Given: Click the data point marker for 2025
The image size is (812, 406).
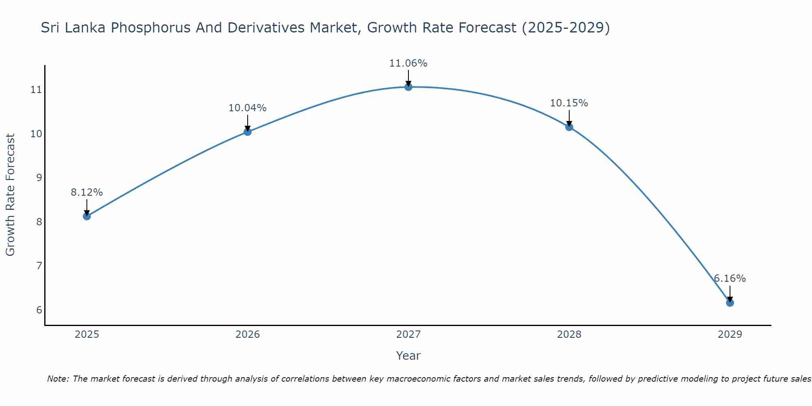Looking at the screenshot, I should click(x=87, y=216).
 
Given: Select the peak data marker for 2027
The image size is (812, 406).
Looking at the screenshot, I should click(x=408, y=87).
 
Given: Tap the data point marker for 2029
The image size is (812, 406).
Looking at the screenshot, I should click(x=730, y=303).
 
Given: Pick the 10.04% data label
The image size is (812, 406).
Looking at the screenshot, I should click(x=247, y=108).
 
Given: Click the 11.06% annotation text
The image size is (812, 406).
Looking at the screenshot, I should click(x=408, y=63).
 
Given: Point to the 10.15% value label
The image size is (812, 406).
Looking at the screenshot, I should click(x=569, y=103).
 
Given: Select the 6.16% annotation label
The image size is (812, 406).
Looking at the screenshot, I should click(x=730, y=279).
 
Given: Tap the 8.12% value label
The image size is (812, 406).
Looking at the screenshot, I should click(x=87, y=192).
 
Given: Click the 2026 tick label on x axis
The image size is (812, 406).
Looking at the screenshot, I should click(x=248, y=335).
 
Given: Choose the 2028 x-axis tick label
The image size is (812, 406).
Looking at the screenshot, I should click(x=569, y=335).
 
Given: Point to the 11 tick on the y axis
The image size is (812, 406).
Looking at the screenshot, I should click(x=37, y=90).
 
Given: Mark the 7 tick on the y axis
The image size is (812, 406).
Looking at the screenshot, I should click(x=39, y=266).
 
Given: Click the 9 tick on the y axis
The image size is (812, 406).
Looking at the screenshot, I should click(x=39, y=178).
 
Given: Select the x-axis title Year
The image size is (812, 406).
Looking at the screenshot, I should click(x=408, y=356).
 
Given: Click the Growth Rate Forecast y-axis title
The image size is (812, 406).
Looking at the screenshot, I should click(x=11, y=195).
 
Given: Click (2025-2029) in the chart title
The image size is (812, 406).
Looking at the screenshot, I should click(x=566, y=28).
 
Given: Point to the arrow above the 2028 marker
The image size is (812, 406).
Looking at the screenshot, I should click(x=569, y=118).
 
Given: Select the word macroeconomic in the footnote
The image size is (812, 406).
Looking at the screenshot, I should click(x=418, y=379).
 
